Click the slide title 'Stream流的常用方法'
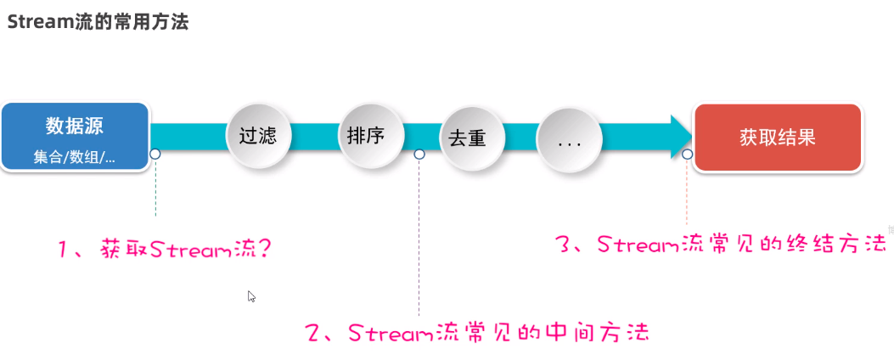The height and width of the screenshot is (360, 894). coord(98,21)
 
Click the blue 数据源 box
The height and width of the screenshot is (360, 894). coord(75,137)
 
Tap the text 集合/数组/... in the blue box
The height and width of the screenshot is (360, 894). coord(75,157)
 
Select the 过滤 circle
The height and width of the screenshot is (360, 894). coord(257,136)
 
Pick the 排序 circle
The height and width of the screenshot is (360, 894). coord(366,135)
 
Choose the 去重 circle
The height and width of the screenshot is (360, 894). coord(466,138)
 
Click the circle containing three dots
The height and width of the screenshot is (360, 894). coord(568,141)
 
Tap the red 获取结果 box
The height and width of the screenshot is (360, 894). coord(777,138)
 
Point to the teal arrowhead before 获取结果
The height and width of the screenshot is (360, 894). coord(679,136)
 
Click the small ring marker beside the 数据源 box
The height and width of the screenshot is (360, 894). coord(155,154)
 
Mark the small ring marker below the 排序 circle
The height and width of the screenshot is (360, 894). coord(419,154)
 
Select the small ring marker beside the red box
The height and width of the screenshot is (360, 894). coord(687,155)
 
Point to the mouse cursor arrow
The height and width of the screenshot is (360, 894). coord(251,296)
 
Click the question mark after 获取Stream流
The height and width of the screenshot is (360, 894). coord(268,250)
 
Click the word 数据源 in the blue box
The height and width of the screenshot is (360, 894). coord(75,127)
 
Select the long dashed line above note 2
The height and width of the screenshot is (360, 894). coord(419,238)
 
